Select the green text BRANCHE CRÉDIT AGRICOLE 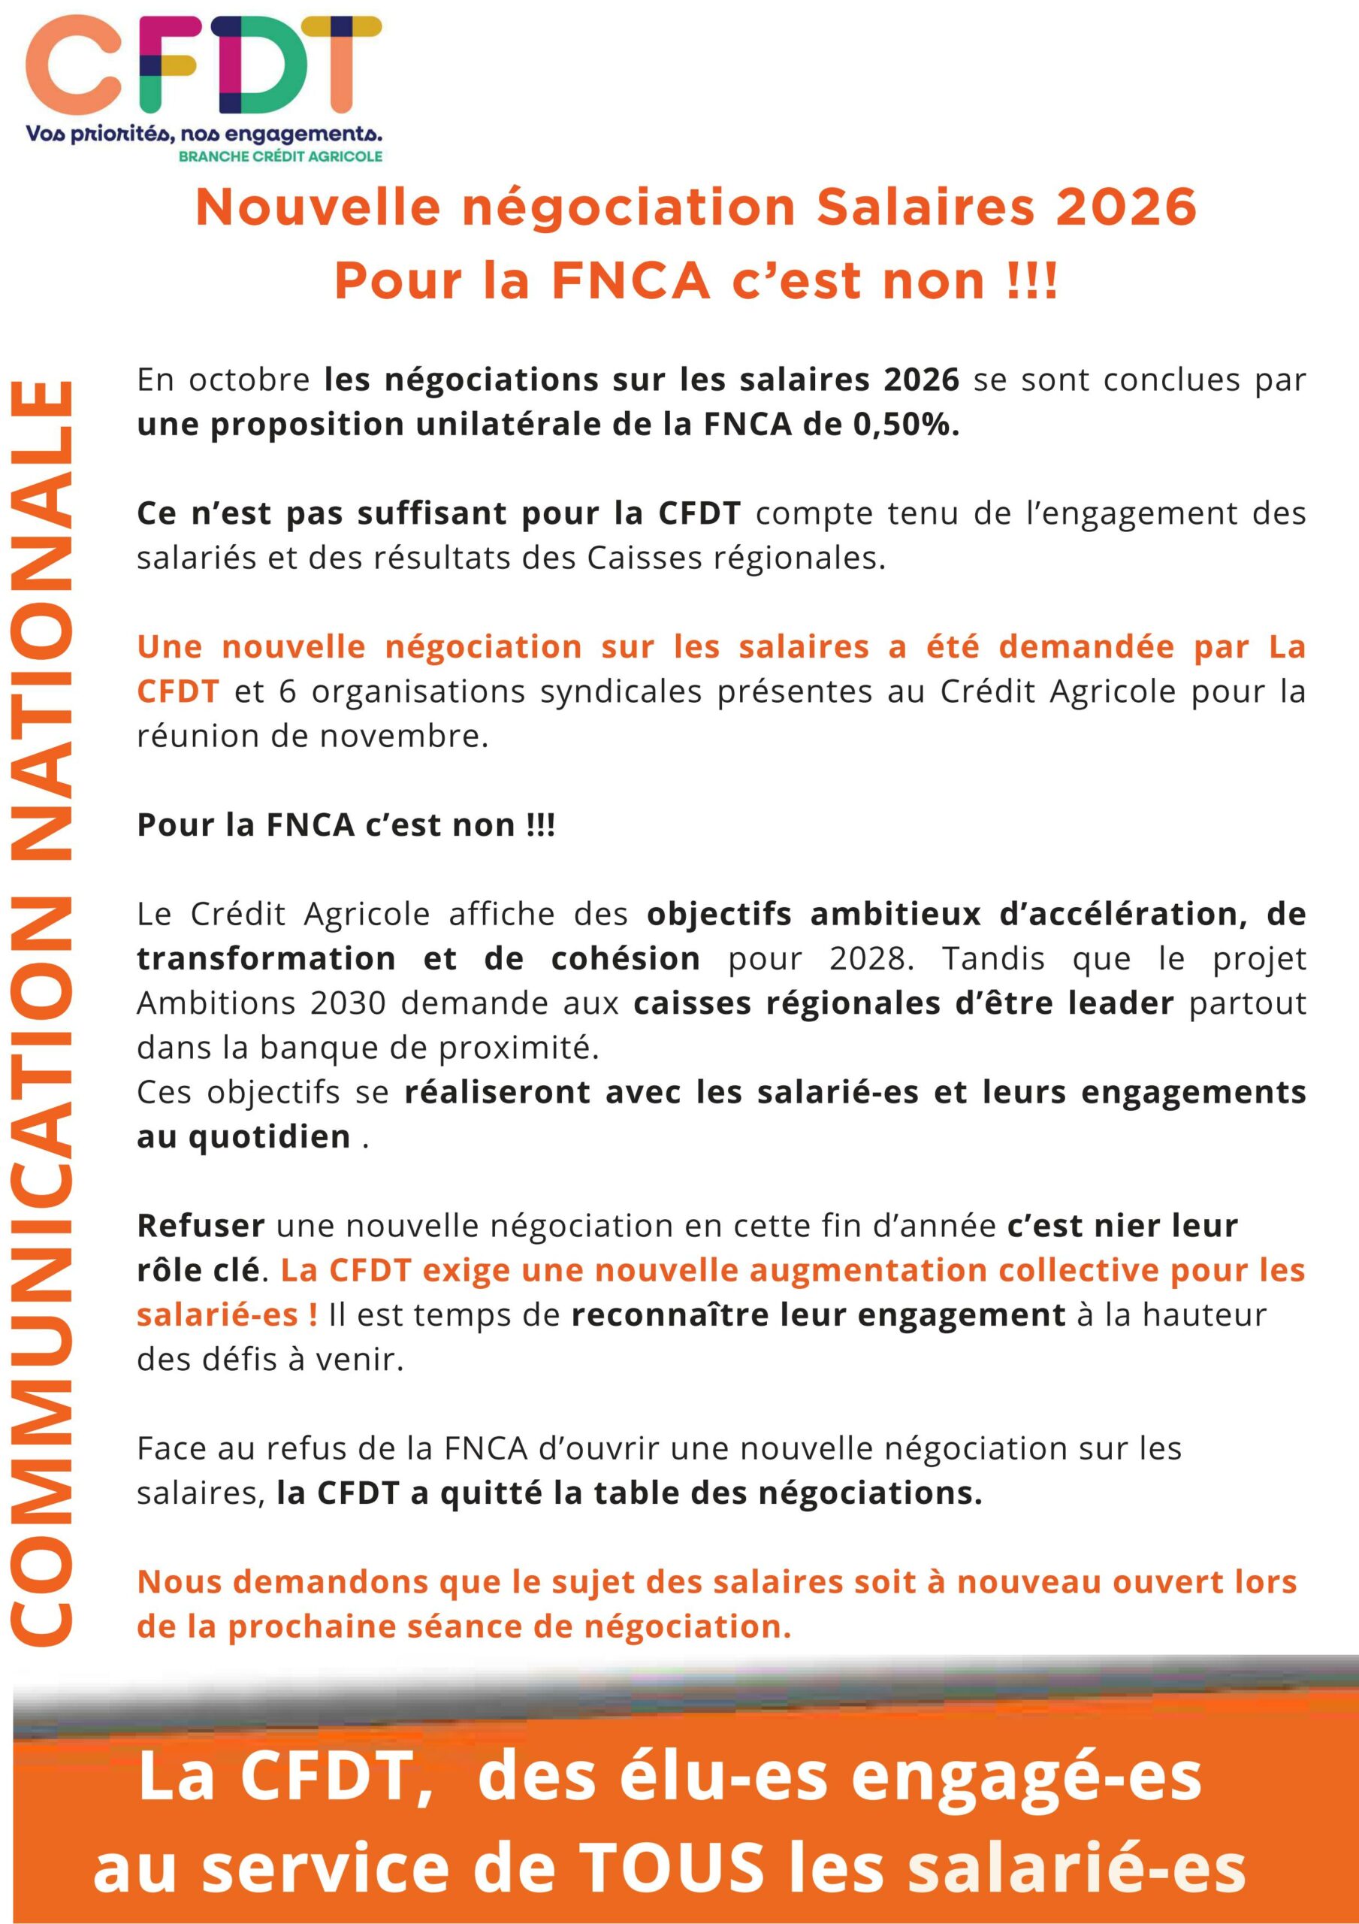281,156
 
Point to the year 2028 871,959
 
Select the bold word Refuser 201,1226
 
